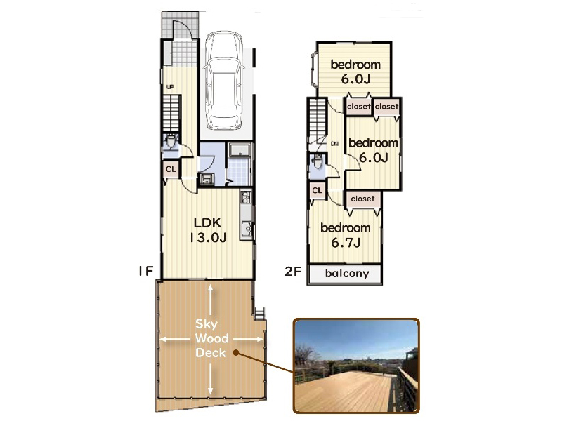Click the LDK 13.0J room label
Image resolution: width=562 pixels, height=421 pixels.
point(208,230)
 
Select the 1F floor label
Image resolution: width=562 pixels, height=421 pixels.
point(145,271)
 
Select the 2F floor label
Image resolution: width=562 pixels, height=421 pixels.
point(293,272)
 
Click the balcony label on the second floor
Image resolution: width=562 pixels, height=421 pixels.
point(347,274)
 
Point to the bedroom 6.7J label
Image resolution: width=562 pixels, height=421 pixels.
point(346,235)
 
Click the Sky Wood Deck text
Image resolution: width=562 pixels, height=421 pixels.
point(211,338)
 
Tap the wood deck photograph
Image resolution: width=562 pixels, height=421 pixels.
point(356,366)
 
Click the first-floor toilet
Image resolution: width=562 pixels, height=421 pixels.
point(171,141)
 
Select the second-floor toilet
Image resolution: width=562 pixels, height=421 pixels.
point(318,161)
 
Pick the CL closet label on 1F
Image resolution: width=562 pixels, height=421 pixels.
point(171,169)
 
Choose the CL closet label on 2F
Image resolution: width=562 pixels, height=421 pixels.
point(318,190)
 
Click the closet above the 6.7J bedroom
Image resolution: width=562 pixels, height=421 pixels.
point(362,199)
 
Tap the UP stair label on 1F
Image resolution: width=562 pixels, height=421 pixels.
point(170,86)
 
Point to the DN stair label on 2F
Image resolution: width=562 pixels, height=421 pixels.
point(335,144)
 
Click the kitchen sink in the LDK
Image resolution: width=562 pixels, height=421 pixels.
point(247,229)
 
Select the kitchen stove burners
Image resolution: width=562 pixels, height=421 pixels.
point(247,196)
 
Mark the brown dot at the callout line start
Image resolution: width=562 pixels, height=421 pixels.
point(236,353)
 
